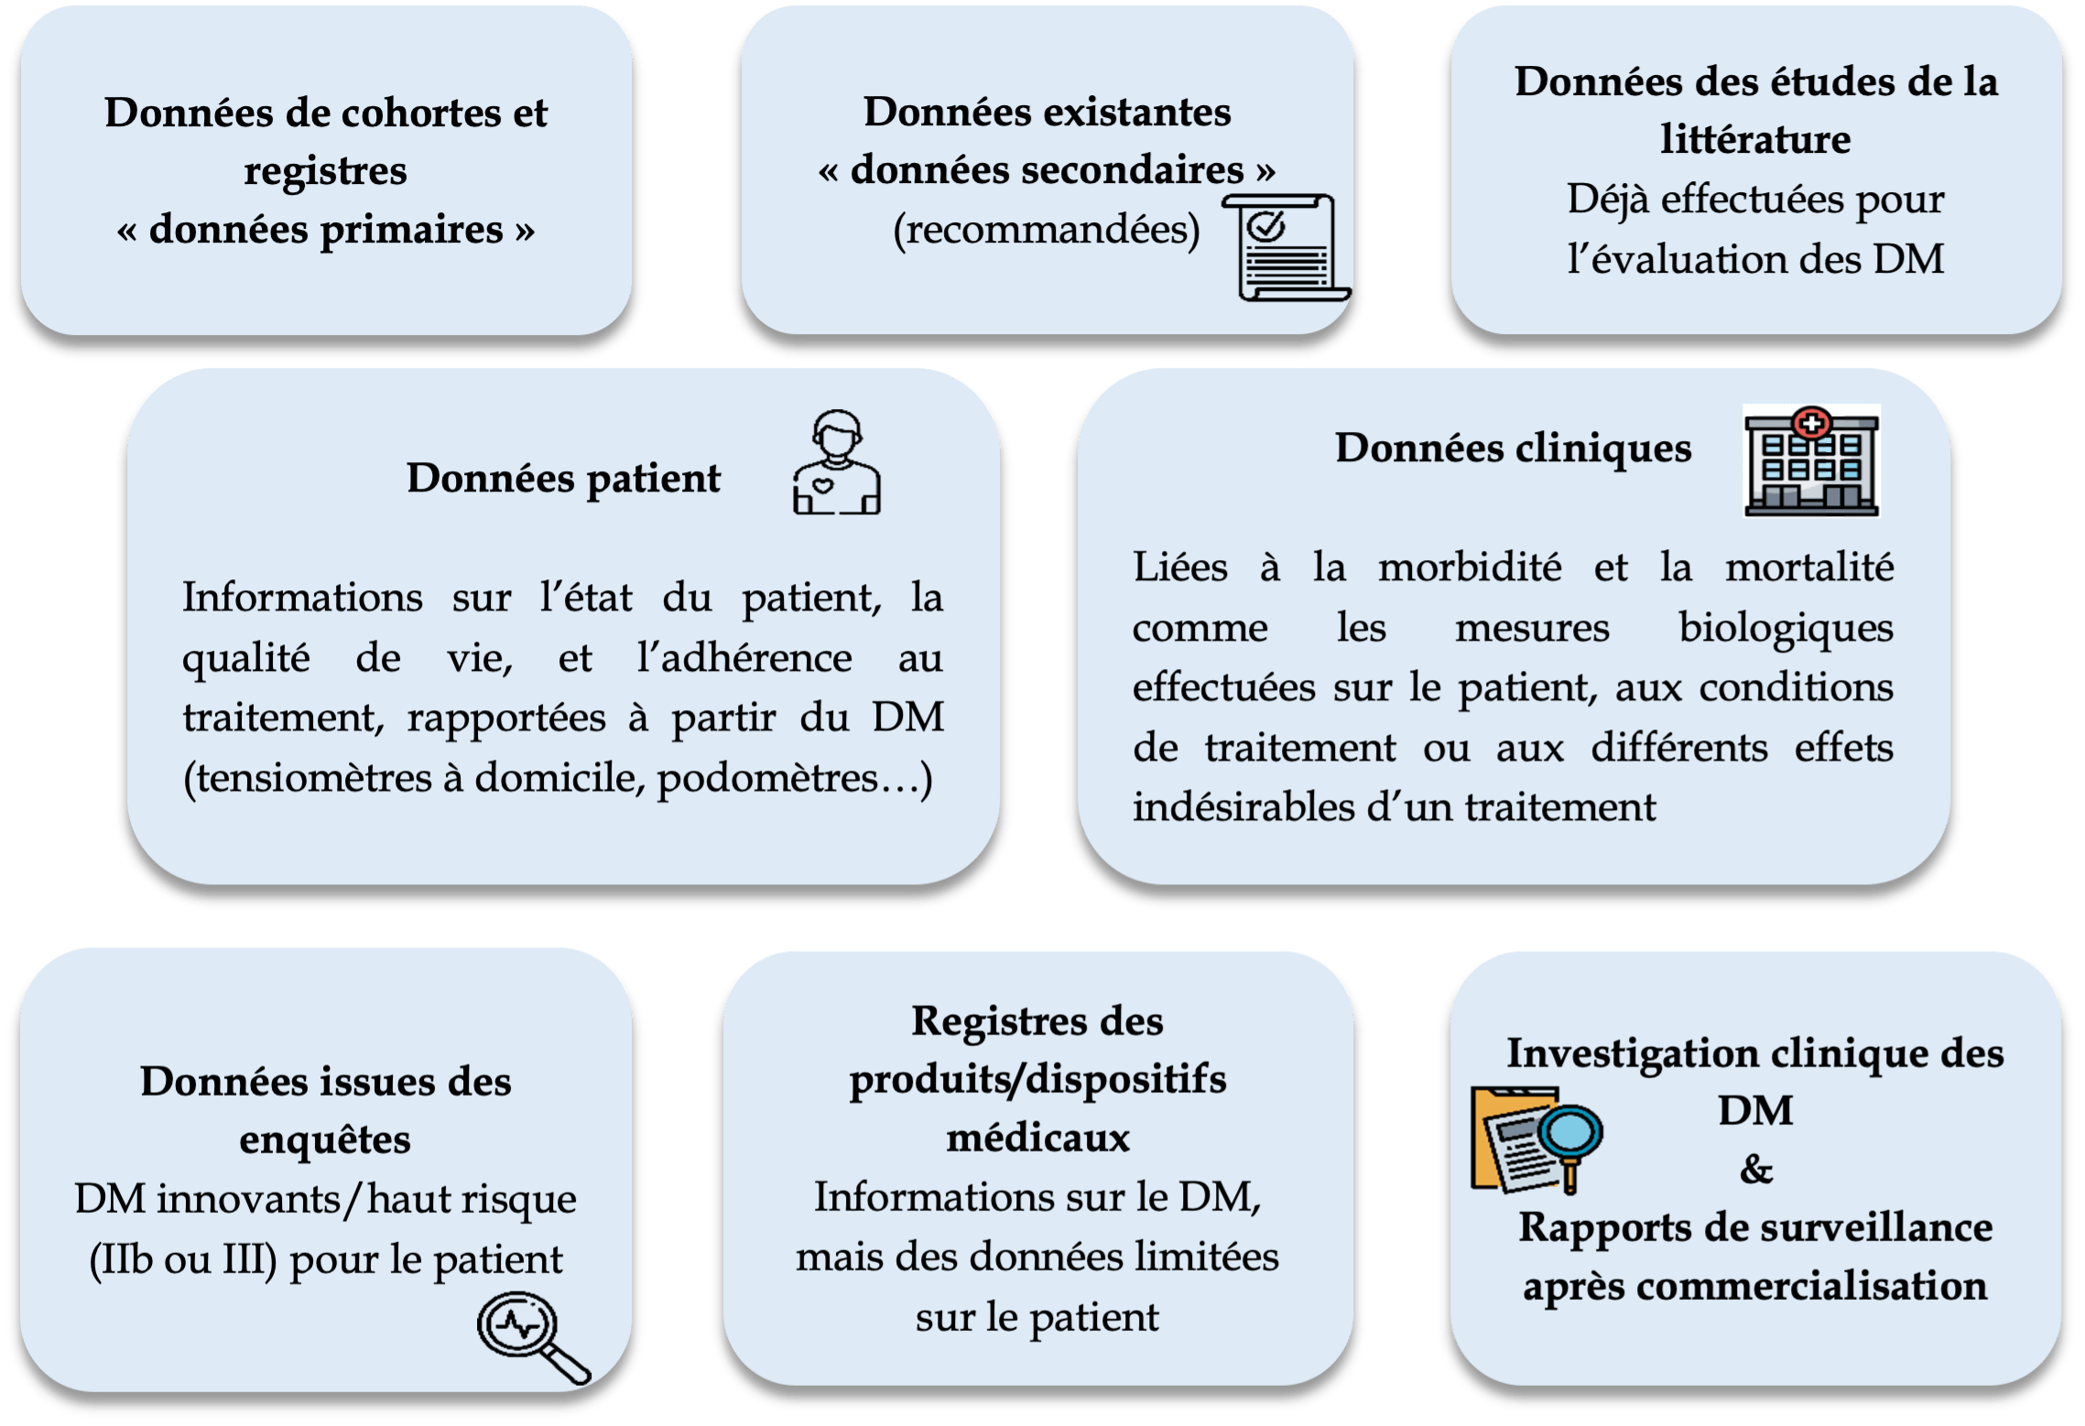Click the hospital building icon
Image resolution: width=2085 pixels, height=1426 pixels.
(x=1811, y=461)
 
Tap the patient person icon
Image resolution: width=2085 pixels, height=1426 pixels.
(x=836, y=462)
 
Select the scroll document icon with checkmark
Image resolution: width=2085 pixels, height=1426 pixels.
(x=1287, y=247)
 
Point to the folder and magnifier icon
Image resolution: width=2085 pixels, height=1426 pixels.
(x=1537, y=1140)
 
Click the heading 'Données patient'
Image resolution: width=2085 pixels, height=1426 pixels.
(x=563, y=479)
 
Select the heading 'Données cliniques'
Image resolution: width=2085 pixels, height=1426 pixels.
(x=1513, y=448)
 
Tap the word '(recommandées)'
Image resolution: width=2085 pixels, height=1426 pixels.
(x=1047, y=230)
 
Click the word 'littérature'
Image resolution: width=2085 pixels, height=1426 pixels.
(x=1755, y=139)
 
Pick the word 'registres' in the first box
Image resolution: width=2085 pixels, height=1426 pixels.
(x=325, y=172)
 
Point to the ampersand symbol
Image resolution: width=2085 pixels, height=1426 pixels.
(x=1756, y=1169)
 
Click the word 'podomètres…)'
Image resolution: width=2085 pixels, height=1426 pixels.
(x=795, y=779)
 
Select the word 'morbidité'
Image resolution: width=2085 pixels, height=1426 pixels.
(x=1470, y=567)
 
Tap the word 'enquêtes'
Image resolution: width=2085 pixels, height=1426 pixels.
(x=325, y=1140)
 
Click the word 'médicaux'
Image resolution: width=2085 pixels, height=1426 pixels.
(x=1037, y=1138)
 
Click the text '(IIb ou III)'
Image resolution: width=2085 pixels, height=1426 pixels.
(x=183, y=1260)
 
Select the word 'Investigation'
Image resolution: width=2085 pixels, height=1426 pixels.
(x=1640, y=1054)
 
